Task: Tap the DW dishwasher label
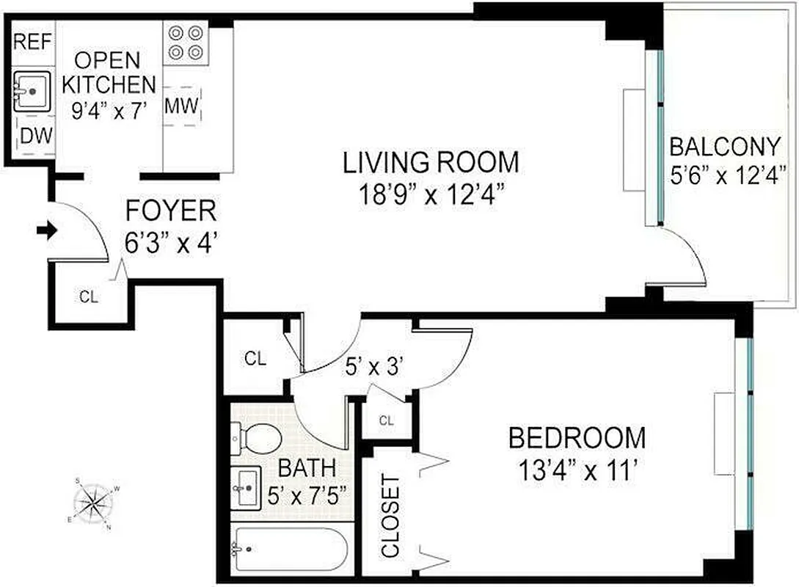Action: (34, 135)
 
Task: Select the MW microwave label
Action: (181, 107)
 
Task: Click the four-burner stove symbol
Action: (185, 43)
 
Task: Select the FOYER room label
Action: (171, 211)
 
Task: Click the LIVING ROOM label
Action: (431, 161)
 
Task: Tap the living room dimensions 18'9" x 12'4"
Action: (431, 196)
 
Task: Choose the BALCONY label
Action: (725, 147)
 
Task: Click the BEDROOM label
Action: (577, 438)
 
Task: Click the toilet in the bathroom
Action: (258, 439)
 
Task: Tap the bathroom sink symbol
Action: (246, 487)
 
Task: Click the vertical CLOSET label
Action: (391, 517)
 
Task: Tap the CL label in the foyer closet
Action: (89, 297)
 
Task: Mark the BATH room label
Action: (307, 467)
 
